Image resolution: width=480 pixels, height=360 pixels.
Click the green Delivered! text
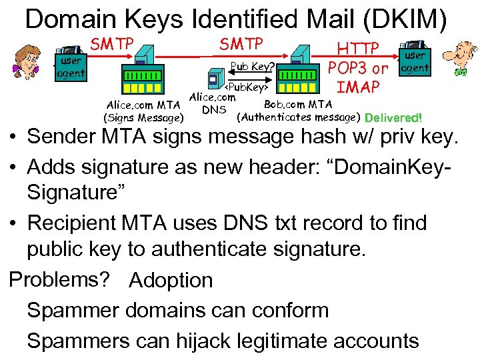pos(393,118)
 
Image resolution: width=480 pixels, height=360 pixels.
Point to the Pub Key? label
pos(251,66)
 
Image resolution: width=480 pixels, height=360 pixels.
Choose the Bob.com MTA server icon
pos(298,73)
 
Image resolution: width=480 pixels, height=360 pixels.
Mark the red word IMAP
pos(359,87)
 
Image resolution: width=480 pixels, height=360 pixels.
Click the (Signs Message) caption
pos(143,118)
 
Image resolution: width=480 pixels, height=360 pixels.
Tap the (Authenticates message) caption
pos(299,117)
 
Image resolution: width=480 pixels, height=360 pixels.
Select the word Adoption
pos(171,281)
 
